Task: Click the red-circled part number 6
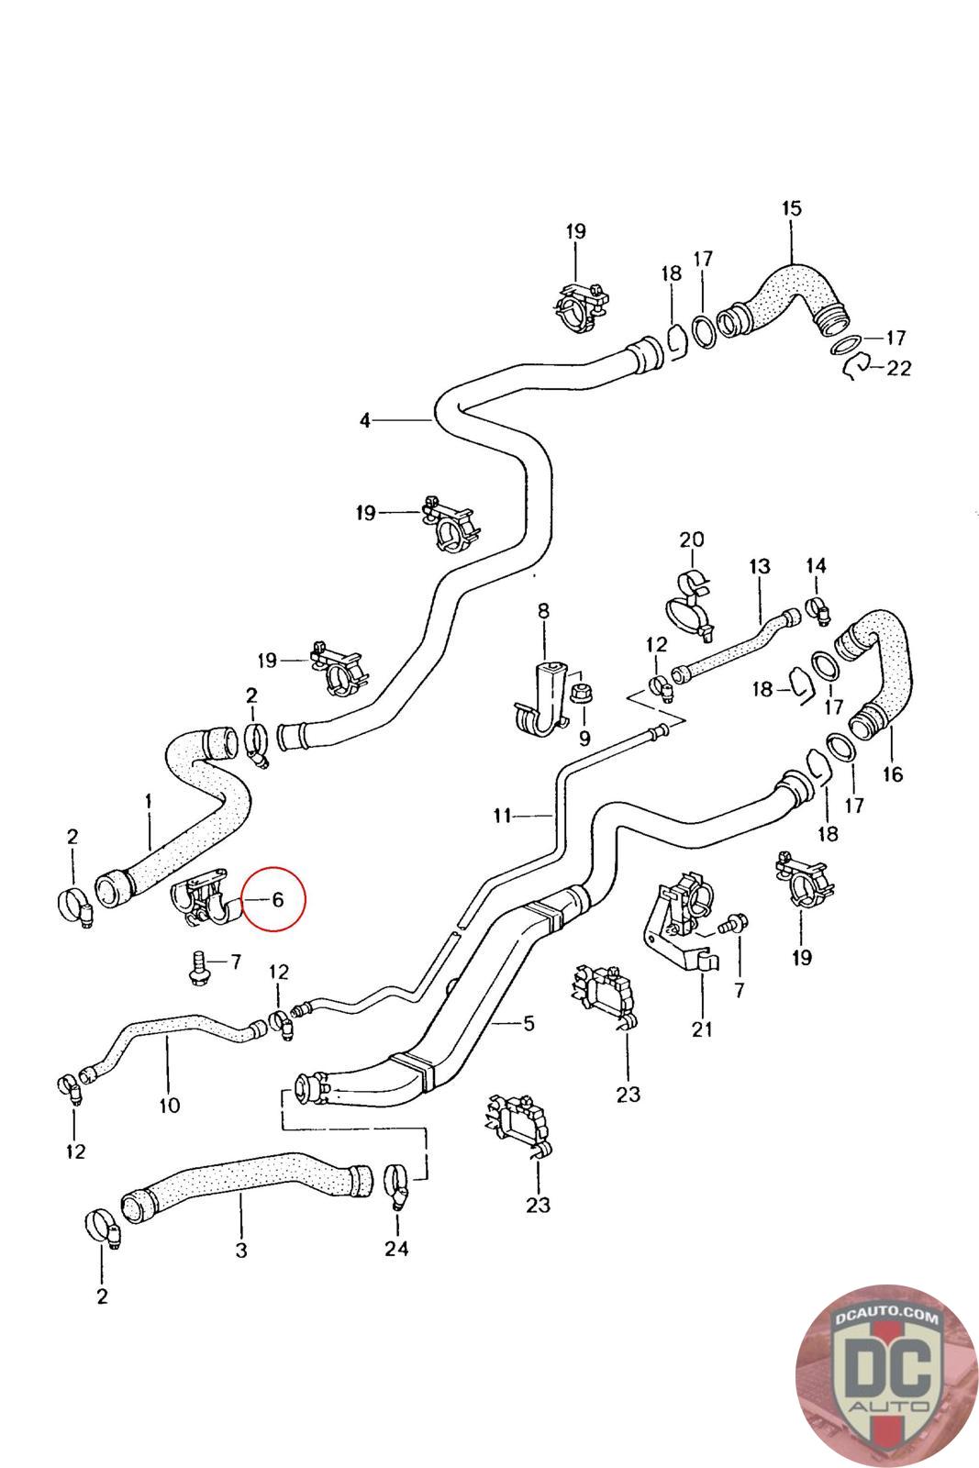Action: (x=276, y=899)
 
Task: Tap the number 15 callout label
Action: (x=791, y=208)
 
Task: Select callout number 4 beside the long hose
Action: (x=365, y=421)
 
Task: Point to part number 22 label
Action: (x=899, y=368)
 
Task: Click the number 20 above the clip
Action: (x=692, y=539)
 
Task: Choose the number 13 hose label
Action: (x=760, y=566)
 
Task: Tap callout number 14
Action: (x=816, y=566)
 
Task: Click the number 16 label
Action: (x=892, y=774)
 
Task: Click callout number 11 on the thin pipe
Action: (x=503, y=814)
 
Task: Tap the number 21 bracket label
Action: (x=702, y=1029)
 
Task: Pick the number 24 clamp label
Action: (x=396, y=1248)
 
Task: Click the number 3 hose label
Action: (x=240, y=1249)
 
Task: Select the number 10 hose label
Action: (x=170, y=1105)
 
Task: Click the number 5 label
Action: (x=528, y=1023)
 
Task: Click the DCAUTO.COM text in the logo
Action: (x=887, y=1318)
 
